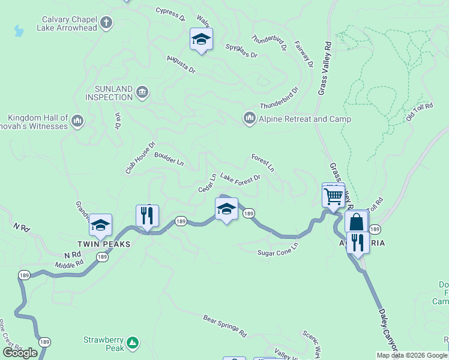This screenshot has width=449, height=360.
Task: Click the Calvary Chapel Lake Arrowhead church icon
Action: coord(106,23)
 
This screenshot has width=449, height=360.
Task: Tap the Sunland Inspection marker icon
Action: coord(142,92)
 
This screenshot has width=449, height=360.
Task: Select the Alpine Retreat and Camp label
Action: coord(304,119)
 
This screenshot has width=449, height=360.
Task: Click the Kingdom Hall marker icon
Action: coord(77,122)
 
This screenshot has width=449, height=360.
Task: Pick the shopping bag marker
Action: coord(356,222)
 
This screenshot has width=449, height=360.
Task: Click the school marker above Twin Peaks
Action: coord(101,225)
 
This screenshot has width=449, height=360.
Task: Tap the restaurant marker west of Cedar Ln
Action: coord(147,215)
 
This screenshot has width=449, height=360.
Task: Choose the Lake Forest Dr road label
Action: coord(240,178)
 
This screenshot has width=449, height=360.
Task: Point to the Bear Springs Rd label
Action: coord(224,325)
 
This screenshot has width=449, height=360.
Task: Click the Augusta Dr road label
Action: coord(181,64)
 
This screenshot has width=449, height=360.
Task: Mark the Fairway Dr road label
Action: coord(304,55)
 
